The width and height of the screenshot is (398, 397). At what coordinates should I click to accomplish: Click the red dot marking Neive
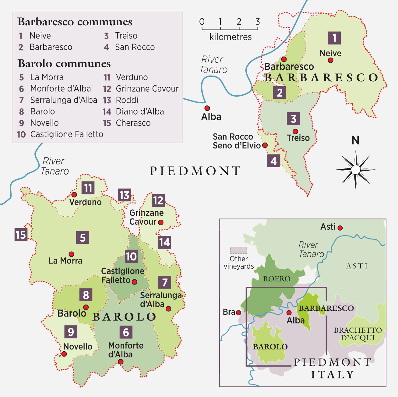click(330, 60)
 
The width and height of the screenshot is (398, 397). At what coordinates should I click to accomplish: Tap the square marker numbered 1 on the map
click(334, 38)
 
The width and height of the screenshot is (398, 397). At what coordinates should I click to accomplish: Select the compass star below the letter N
click(355, 169)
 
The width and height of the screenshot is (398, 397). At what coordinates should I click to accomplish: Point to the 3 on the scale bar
click(258, 22)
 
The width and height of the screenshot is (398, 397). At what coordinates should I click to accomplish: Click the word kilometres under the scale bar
click(231, 37)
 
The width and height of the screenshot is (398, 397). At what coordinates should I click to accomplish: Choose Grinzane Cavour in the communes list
click(147, 89)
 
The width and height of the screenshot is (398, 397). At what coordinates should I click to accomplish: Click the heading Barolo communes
click(64, 64)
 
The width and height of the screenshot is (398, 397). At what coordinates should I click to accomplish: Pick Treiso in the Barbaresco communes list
click(126, 36)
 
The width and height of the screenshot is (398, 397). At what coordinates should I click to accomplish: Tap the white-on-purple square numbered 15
click(21, 235)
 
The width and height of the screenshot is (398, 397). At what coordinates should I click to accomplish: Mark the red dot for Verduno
click(74, 194)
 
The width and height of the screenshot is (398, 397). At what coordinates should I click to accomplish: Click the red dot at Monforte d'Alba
click(121, 362)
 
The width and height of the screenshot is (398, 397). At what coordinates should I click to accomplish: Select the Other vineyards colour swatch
click(238, 250)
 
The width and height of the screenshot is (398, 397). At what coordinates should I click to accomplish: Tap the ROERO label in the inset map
click(276, 279)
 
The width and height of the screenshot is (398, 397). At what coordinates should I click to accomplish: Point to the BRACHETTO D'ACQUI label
click(357, 334)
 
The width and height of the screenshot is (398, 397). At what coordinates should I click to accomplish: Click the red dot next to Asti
click(340, 228)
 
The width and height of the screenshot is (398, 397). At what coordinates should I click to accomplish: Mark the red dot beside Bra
click(239, 313)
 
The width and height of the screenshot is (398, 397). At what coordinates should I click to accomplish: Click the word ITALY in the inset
click(332, 374)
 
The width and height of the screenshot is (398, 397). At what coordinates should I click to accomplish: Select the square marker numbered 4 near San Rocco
click(273, 161)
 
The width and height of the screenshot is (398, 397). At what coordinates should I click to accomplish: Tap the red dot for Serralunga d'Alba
click(168, 309)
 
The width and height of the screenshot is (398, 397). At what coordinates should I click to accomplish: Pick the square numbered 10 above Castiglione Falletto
click(131, 256)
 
